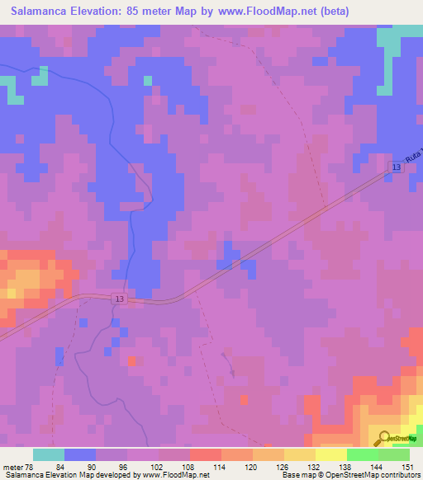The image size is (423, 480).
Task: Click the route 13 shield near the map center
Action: pos(120,299)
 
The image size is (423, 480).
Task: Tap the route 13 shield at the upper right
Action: pos(397,168)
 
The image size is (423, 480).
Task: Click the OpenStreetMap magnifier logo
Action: pos(383,439)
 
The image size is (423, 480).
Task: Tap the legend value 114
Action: pos(196,467)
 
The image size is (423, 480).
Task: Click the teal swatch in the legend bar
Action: pos(49,454)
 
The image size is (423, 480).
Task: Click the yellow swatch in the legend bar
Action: pos(331,454)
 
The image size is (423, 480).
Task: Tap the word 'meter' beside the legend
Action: pos(12,467)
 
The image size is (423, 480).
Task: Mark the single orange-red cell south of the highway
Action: pos(132,361)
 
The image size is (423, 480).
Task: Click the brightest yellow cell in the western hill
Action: pos(12,292)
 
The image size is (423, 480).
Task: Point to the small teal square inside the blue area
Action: pos(148,80)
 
